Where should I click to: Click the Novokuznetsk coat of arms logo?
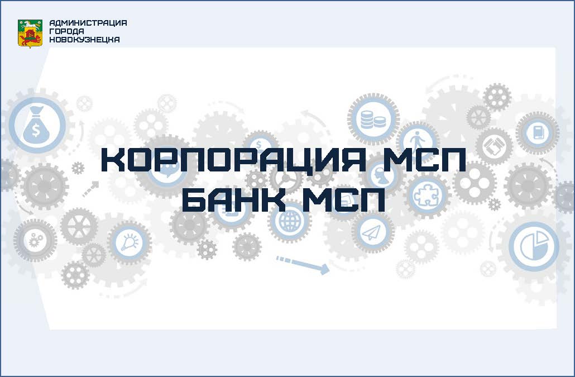pyautogui.click(x=30, y=34)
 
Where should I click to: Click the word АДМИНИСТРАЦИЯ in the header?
pyautogui.click(x=88, y=23)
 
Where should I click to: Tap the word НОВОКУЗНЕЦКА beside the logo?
pyautogui.click(x=84, y=40)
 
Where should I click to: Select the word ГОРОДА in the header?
pyautogui.click(x=66, y=31)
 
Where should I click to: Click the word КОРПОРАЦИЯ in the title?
pyautogui.click(x=233, y=160)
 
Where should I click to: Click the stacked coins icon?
pyautogui.click(x=373, y=120)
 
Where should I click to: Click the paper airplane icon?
pyautogui.click(x=371, y=232)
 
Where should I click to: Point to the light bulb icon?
pyautogui.click(x=130, y=242)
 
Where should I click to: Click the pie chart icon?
pyautogui.click(x=534, y=245)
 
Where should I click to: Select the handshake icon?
pyautogui.click(x=493, y=146)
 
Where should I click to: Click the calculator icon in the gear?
pyautogui.click(x=538, y=132)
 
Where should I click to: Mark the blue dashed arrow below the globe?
pyautogui.click(x=302, y=265)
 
